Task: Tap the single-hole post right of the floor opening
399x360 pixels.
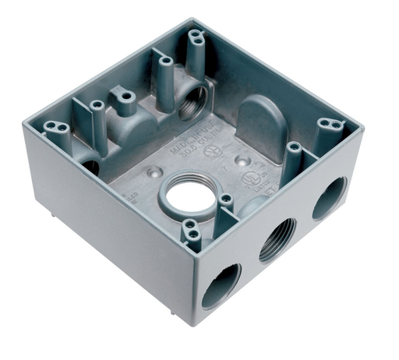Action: point(225,199)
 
